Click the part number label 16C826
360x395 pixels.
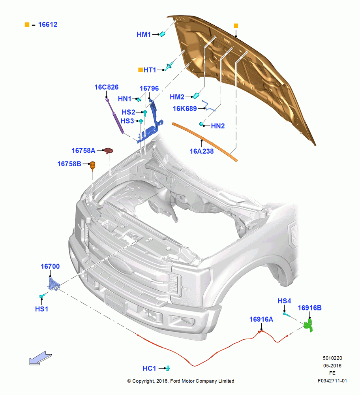click(106, 87)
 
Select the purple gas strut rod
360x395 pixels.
click(115, 115)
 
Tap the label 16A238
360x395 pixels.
click(201, 151)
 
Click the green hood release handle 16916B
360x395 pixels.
click(308, 325)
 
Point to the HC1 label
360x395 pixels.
click(149, 368)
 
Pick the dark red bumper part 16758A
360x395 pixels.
click(109, 150)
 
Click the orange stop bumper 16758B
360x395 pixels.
click(93, 166)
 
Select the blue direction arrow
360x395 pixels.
click(40, 358)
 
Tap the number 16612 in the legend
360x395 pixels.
click(48, 24)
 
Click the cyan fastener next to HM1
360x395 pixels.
click(162, 34)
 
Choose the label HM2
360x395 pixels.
click(177, 97)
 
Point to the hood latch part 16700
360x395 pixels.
click(54, 284)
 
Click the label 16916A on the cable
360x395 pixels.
click(261, 320)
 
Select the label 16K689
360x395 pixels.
click(185, 109)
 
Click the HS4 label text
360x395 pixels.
click(284, 301)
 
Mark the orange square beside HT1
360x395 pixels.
click(141, 70)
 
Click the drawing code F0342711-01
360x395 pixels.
click(332, 381)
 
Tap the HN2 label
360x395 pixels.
click(218, 126)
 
